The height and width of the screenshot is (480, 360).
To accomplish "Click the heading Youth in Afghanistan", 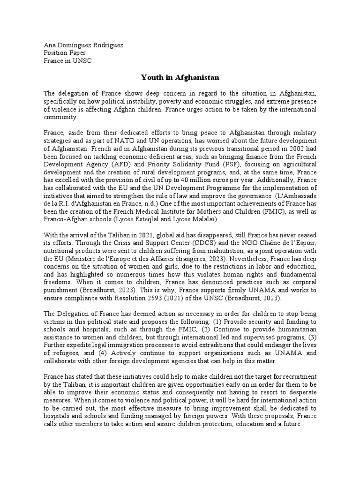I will (180, 76).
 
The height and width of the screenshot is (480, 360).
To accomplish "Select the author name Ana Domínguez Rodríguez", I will (83, 45).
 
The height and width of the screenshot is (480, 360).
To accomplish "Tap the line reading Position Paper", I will (65, 53).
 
